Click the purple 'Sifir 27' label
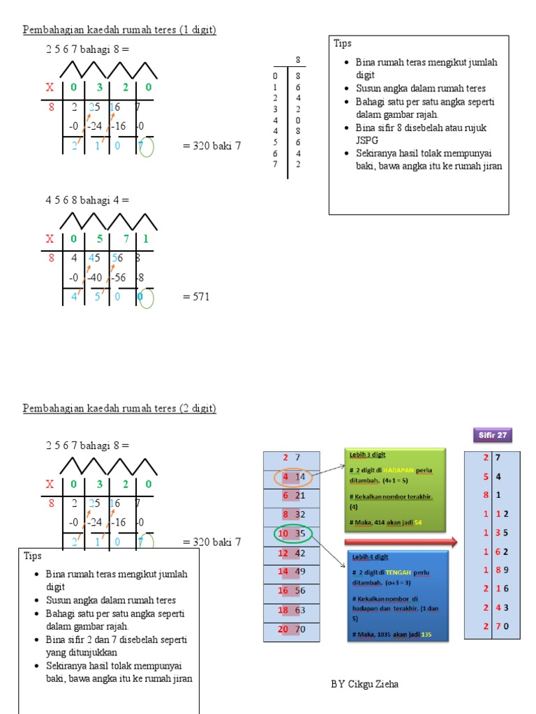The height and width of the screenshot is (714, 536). pos(493,435)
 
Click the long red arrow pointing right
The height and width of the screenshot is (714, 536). pos(401,542)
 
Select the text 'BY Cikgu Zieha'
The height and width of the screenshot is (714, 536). pos(365,684)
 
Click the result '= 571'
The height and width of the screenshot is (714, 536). pos(196,296)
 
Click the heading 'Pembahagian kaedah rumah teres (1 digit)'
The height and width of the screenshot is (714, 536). pos(119,29)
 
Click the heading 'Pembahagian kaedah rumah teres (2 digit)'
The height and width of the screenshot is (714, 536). pos(119,408)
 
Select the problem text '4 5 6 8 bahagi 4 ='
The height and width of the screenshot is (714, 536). pos(88,200)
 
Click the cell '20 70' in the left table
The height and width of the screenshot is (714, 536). pos(291,629)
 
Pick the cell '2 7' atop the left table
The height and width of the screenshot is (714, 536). pos(291,457)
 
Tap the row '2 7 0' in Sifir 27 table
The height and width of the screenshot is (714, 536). pos(492,625)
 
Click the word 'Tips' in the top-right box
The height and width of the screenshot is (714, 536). pos(343,44)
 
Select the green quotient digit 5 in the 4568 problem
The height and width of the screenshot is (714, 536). pos(98,238)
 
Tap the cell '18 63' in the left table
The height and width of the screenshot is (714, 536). pos(291,609)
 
